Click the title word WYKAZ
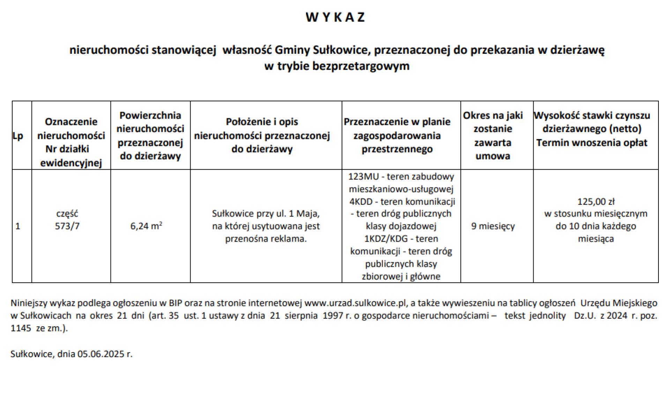[x=335, y=17]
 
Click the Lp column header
[x=17, y=136]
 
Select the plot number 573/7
[x=67, y=226]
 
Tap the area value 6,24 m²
[x=146, y=226]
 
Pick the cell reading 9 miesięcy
[x=493, y=226]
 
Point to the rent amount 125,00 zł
[x=596, y=201]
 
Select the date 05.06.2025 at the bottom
[x=101, y=354]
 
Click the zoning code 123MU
[x=363, y=177]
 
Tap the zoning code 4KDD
[x=361, y=202]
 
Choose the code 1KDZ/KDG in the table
[x=386, y=239]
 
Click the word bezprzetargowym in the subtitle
[x=361, y=66]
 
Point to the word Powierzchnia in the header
[x=150, y=116]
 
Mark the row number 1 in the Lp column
[x=18, y=226]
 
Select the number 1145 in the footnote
[x=21, y=328]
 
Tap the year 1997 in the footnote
[x=333, y=316]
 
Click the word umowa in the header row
[x=492, y=156]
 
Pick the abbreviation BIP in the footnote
[x=177, y=303]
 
